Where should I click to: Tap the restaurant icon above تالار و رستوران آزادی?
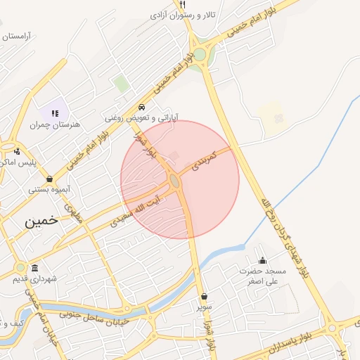183,4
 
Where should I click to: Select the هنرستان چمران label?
56,124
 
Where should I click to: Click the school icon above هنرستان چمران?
55,112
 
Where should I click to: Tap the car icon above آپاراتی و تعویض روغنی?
143,108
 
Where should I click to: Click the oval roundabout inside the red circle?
174,182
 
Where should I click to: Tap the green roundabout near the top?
200,54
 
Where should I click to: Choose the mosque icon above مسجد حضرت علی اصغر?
263,260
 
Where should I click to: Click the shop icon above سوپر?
204,296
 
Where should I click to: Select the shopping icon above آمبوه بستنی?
49,179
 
